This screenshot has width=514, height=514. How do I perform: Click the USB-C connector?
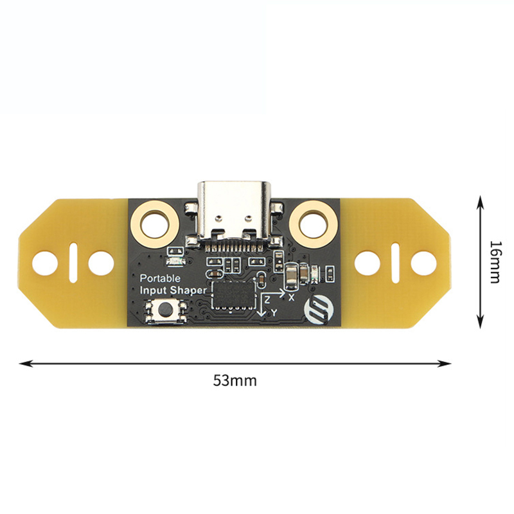pyautogui.click(x=234, y=215)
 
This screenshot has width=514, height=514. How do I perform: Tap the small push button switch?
pyautogui.click(x=166, y=308)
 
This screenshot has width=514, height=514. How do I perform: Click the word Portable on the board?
pyautogui.click(x=160, y=279)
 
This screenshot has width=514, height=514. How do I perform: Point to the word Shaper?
pyautogui.click(x=188, y=290)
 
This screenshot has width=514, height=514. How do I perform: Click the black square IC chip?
pyautogui.click(x=234, y=294)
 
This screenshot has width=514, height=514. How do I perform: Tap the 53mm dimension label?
pyautogui.click(x=235, y=381)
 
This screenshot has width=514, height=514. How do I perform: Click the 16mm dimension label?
pyautogui.click(x=495, y=262)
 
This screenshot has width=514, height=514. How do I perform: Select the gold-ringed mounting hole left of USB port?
pyautogui.click(x=155, y=224)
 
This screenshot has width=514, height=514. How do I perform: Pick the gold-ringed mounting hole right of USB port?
pyautogui.click(x=314, y=224)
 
